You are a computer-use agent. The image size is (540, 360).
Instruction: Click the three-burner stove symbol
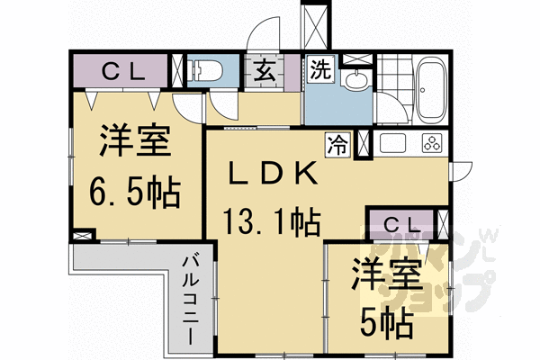pos(429,142)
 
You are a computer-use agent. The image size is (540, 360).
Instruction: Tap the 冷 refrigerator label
pos(338,141)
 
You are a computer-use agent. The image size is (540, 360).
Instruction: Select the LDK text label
pos(269,172)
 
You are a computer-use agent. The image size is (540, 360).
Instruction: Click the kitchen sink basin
pos(393,142)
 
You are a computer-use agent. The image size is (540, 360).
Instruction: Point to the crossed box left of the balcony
pos(82,236)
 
